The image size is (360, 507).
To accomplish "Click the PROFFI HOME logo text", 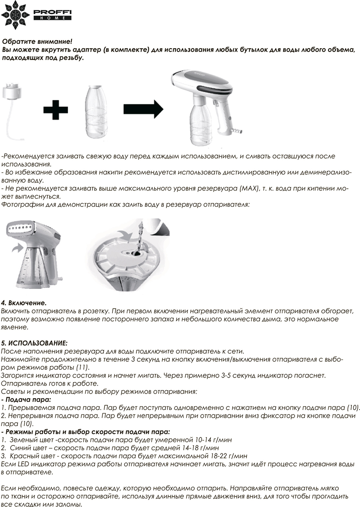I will click(x=52, y=14).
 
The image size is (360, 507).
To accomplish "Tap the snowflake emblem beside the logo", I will click(x=15, y=15).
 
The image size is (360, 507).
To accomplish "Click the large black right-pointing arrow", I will click(x=143, y=109).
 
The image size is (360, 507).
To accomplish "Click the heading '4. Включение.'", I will click(x=24, y=303).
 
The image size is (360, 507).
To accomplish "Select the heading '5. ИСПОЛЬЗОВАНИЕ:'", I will click(x=34, y=343).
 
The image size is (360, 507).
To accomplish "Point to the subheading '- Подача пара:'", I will click(x=26, y=399).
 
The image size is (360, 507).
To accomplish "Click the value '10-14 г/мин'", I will click(x=213, y=440).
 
